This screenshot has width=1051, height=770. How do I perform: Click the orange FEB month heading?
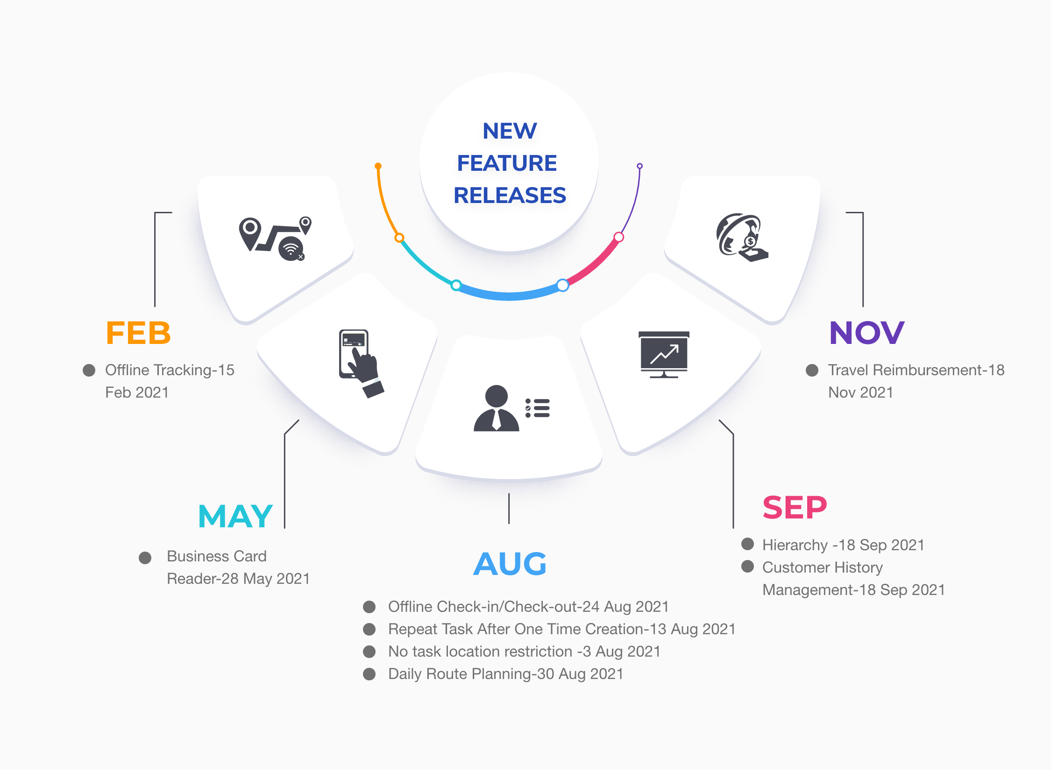(138, 333)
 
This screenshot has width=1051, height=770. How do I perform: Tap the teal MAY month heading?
(235, 516)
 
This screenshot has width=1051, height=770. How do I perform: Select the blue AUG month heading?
(510, 564)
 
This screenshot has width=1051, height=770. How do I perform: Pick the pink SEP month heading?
(795, 507)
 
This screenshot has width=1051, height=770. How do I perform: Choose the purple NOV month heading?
(867, 333)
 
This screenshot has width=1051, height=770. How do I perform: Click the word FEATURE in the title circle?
(507, 163)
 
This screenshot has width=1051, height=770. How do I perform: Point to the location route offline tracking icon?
(275, 238)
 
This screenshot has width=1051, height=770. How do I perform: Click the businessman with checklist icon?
(511, 408)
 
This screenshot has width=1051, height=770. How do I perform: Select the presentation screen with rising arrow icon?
(664, 354)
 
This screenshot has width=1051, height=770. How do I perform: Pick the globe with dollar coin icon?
(742, 238)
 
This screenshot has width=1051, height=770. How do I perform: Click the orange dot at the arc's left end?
(378, 166)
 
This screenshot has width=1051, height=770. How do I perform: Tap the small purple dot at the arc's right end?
(640, 166)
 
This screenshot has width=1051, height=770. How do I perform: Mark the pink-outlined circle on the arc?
(619, 237)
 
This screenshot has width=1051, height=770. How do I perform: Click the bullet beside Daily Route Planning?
(369, 674)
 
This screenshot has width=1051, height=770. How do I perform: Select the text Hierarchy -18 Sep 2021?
(843, 545)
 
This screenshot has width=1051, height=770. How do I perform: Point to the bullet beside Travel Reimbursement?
(812, 370)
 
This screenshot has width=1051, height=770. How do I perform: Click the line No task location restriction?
(524, 651)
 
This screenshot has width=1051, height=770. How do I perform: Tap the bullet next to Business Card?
(145, 558)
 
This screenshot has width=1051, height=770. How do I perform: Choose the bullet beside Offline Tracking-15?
(89, 370)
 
